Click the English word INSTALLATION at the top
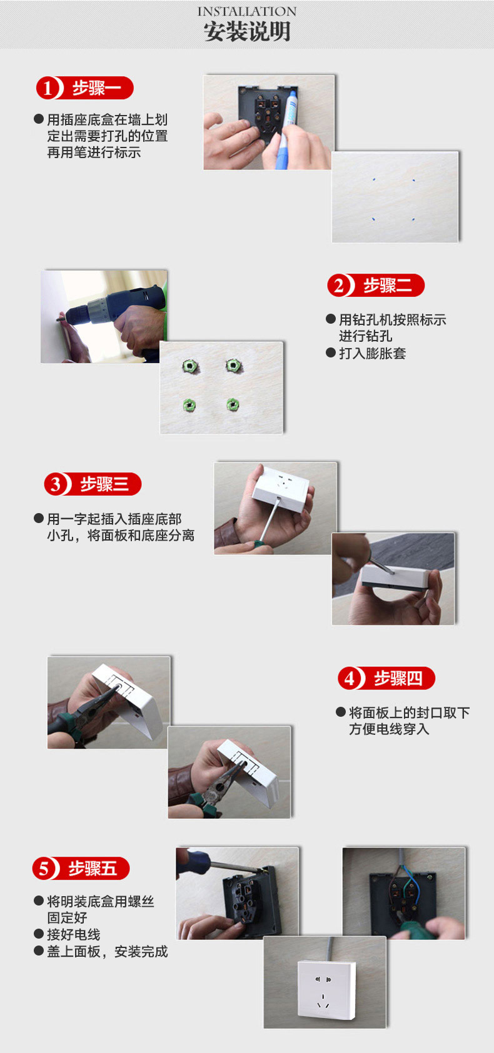coord(246,11)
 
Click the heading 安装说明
coord(246,32)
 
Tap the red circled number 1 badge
coord(48,88)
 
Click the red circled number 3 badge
coord(56,484)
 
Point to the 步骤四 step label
coord(398,678)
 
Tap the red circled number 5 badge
coord(44,868)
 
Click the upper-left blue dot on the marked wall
coord(373,179)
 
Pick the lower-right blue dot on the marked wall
coord(413,219)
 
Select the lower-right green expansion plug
coord(233,404)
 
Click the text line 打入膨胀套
coord(372,353)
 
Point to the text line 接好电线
coord(73,934)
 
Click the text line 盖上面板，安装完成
coord(108,952)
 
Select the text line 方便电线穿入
coord(389,729)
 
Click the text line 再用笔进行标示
coord(94,152)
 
